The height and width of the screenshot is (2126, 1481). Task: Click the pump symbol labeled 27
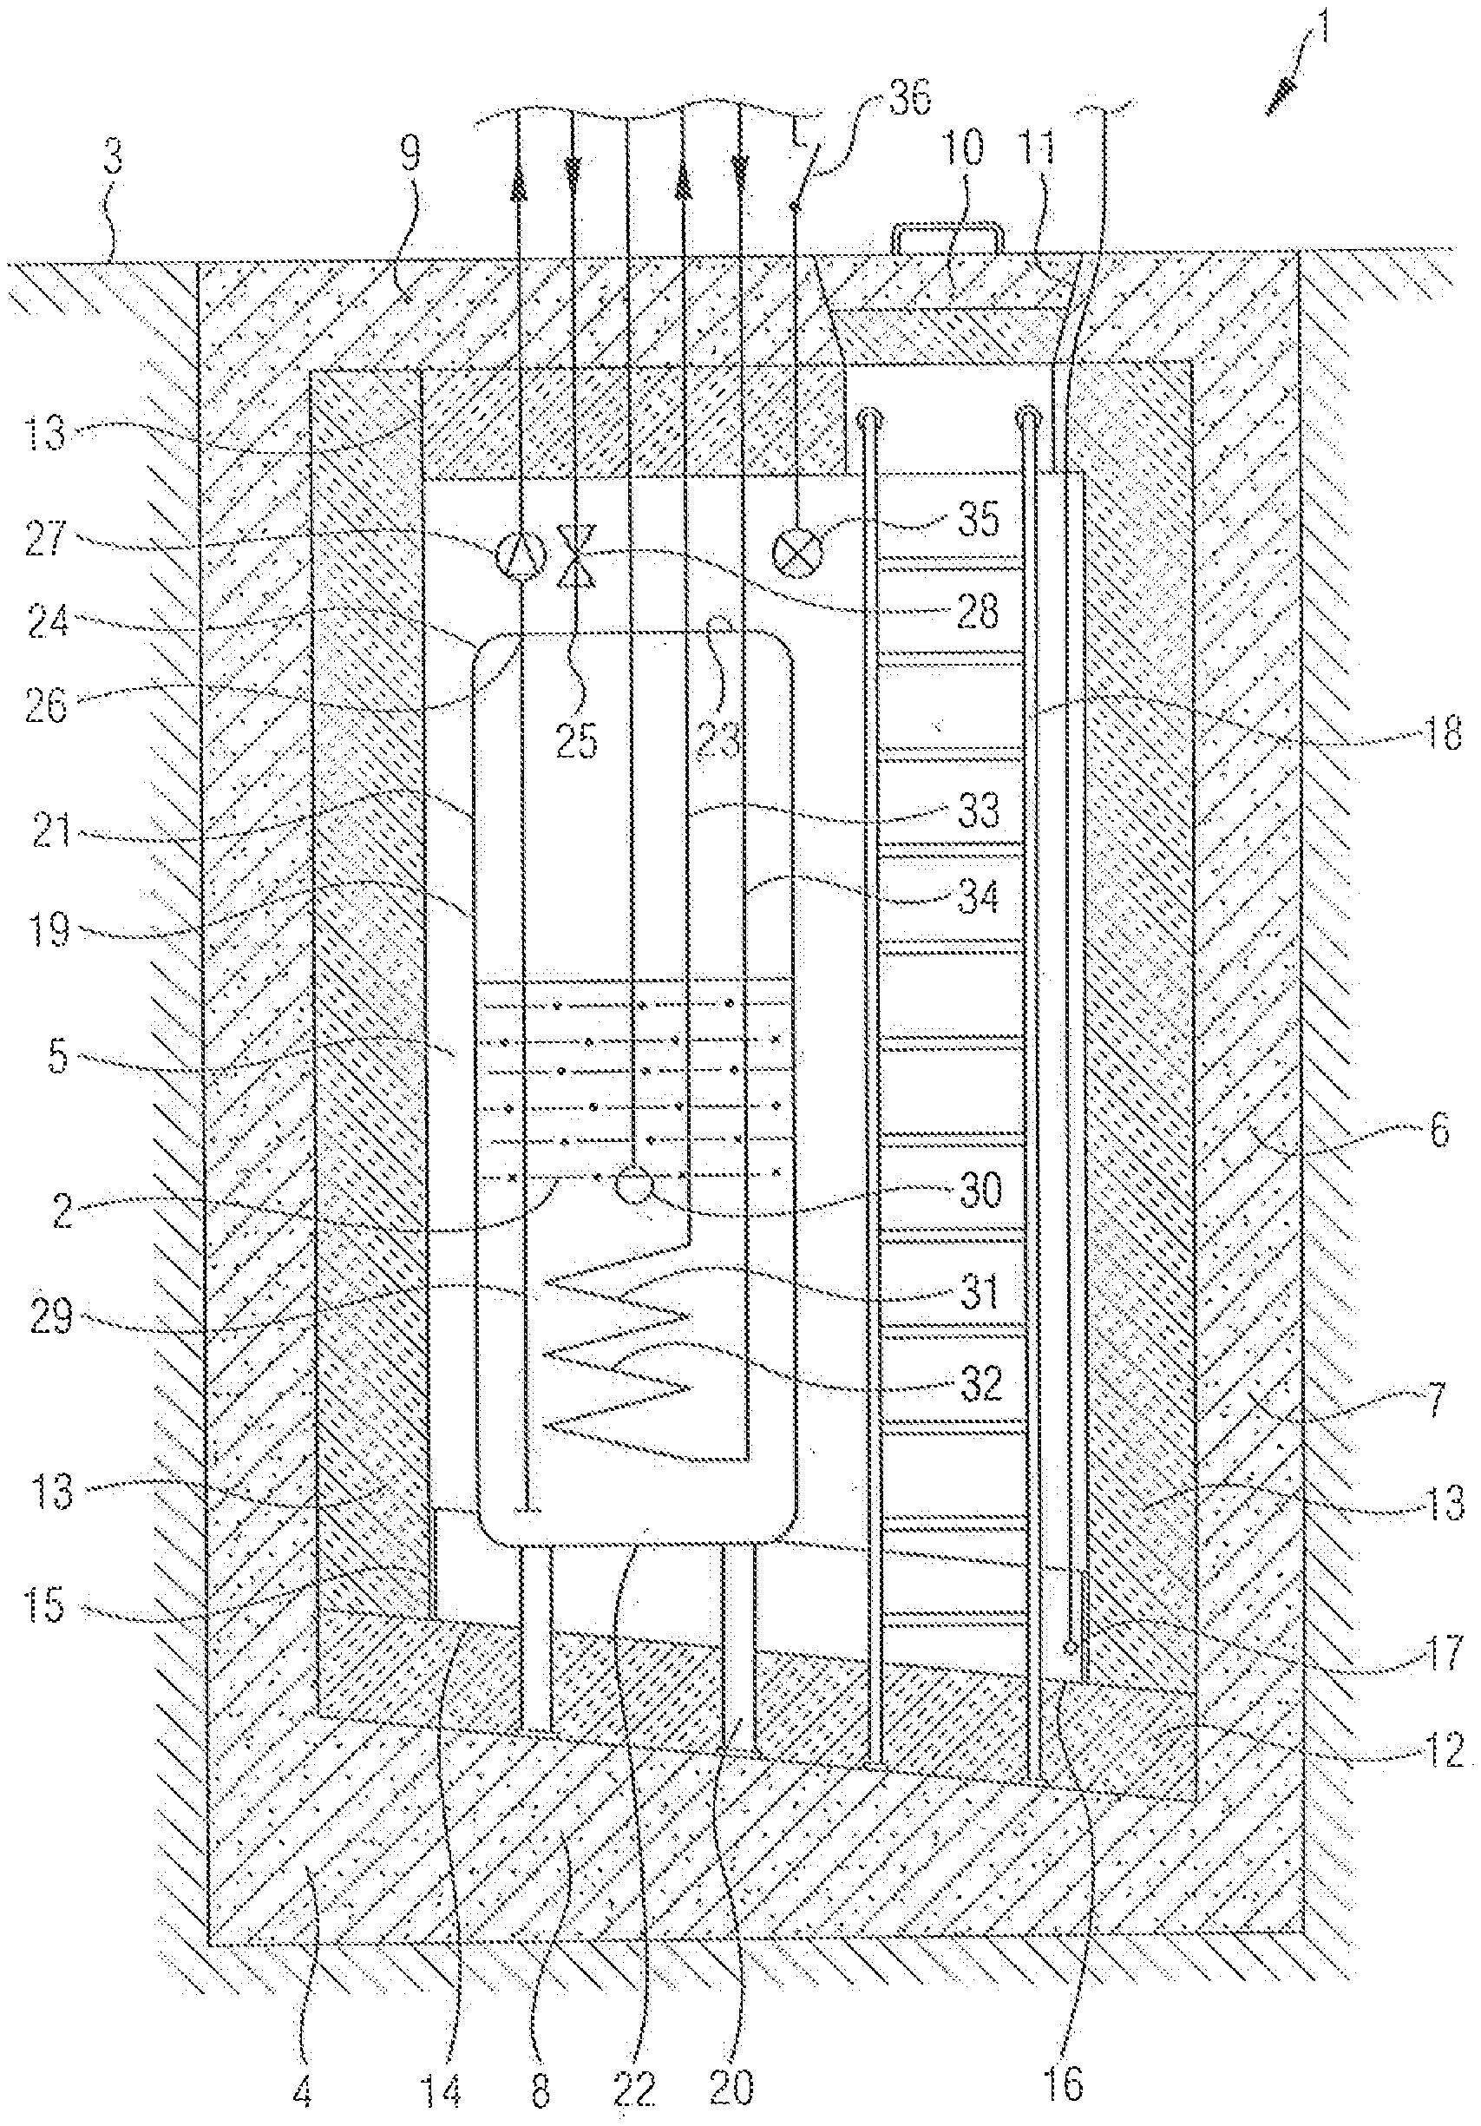[517, 556]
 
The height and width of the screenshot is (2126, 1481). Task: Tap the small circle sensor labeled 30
[634, 1186]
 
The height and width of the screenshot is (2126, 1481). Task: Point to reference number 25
[577, 740]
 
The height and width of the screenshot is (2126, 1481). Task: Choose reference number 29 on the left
[51, 1316]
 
